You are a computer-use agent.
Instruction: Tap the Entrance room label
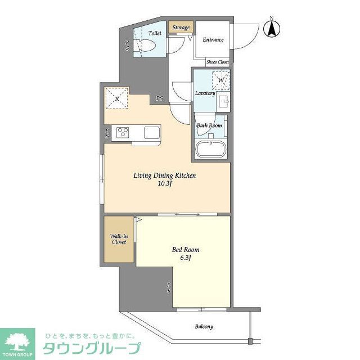213,40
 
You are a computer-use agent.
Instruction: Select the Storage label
181,28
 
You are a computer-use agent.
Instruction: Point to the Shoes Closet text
217,62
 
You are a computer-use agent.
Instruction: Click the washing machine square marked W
220,80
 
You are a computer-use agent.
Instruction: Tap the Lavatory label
205,93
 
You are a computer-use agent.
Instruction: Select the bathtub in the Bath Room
211,150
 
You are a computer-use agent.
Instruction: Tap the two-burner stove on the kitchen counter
123,133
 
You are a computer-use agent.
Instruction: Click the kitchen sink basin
152,133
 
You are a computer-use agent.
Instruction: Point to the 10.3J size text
165,184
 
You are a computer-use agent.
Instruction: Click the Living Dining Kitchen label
164,175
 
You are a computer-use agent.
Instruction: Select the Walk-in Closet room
118,239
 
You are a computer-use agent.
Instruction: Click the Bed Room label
185,250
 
